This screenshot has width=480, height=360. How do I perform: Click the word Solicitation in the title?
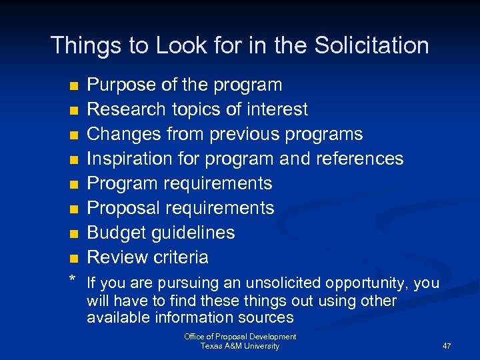click(x=372, y=45)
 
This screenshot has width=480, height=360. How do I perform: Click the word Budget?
click(x=114, y=233)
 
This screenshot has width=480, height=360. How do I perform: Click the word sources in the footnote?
click(x=266, y=317)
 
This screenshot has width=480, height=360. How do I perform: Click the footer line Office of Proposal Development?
click(x=240, y=337)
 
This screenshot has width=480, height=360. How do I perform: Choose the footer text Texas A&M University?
click(x=240, y=346)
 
